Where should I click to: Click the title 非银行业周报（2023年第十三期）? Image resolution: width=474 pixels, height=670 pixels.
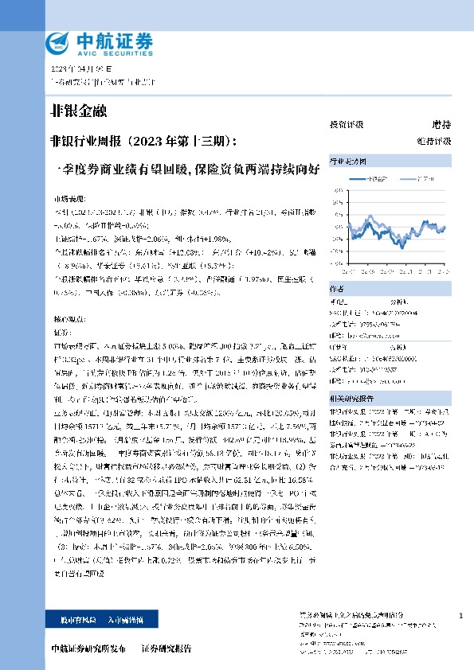(x=143, y=142)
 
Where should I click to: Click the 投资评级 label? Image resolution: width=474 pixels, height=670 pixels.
(x=346, y=125)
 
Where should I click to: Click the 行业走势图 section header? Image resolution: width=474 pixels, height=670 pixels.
(x=343, y=161)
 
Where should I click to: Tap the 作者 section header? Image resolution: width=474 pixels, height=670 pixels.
(x=338, y=280)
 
